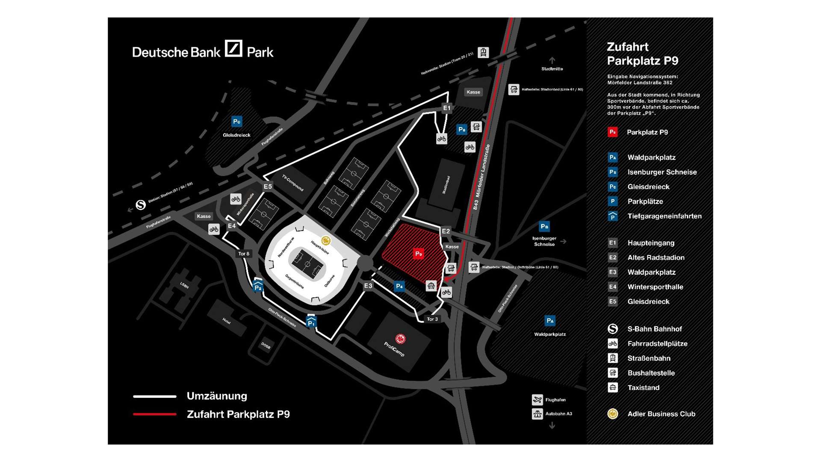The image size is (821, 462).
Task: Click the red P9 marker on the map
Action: point(418,254)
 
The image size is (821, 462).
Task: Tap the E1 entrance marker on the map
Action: point(446,108)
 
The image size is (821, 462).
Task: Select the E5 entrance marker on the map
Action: point(268,187)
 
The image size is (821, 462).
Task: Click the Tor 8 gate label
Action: point(244,254)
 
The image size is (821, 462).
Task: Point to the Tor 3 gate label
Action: point(432,319)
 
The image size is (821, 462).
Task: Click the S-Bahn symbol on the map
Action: point(141,205)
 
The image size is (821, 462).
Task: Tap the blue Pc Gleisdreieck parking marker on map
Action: point(236,121)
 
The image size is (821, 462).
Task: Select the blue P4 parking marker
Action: point(399,286)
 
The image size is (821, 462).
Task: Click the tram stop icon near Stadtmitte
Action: point(483,53)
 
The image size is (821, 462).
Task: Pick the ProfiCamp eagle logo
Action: point(400,339)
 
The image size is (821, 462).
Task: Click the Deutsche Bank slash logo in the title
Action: point(233,49)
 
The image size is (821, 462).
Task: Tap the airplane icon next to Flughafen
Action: point(537,400)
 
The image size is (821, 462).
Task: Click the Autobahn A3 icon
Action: point(537,414)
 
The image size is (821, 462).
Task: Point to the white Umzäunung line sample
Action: point(155,397)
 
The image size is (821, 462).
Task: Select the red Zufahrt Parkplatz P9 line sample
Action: point(155,414)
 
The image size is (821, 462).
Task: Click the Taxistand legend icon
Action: point(613,388)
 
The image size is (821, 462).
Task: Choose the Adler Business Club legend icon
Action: point(613,414)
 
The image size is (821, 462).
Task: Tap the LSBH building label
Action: point(184,285)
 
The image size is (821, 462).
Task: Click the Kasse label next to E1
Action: point(473,92)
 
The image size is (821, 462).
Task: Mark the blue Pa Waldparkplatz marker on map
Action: point(550,320)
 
